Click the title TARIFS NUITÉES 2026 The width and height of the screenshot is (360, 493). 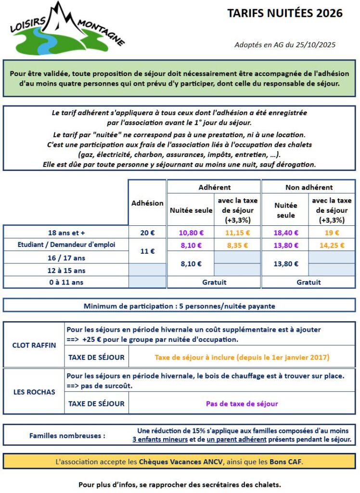(285, 13)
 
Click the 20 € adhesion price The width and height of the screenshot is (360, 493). (147, 233)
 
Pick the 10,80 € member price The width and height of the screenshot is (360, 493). (190, 233)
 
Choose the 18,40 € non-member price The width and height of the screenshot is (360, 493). (286, 233)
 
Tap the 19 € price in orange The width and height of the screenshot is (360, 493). (331, 233)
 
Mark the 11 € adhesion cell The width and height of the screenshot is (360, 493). (147, 251)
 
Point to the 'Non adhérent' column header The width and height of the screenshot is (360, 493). (309, 187)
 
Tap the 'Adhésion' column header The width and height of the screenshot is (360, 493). (147, 203)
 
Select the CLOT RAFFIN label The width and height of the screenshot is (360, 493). (34, 345)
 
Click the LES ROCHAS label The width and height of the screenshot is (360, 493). (34, 391)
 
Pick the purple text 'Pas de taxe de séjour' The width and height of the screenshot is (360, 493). (242, 404)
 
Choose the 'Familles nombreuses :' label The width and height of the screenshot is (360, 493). (67, 436)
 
